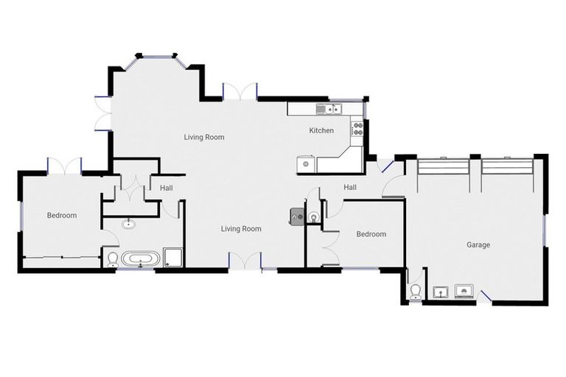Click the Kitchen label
click(x=321, y=130)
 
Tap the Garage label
click(x=478, y=244)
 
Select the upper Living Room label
click(x=204, y=137)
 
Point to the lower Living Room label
click(x=241, y=229)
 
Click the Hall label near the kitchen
click(x=350, y=188)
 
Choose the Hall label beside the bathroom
click(x=167, y=188)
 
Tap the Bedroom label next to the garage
click(x=371, y=234)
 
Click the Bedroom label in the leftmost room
click(x=62, y=216)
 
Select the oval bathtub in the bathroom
click(x=139, y=258)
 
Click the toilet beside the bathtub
click(x=113, y=258)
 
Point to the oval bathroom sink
click(x=131, y=223)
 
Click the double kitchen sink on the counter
click(x=327, y=110)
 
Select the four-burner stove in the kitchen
click(x=358, y=129)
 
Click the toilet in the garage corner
click(x=416, y=292)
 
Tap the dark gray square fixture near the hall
click(x=298, y=215)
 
